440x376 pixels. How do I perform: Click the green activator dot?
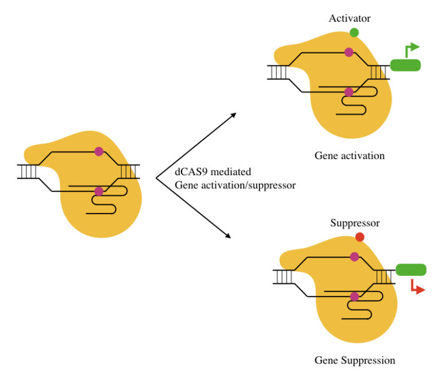coord(354,33)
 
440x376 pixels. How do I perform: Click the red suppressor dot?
coord(360,237)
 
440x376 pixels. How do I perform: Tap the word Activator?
coord(349,18)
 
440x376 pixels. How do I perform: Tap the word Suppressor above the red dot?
coord(355,223)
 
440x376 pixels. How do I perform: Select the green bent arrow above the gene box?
coord(411,50)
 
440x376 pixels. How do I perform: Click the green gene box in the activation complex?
coord(405,65)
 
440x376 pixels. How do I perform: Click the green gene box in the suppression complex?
coord(411,270)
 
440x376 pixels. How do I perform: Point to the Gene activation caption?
coord(349,156)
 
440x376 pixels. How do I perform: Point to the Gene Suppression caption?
coord(355,361)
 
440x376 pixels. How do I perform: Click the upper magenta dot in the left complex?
coord(99,152)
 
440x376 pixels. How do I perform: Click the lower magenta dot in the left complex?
coord(99,191)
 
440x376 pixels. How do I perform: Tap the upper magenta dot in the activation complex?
coord(348,52)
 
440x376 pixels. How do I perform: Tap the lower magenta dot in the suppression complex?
coord(354,296)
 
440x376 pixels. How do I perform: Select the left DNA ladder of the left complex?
coord(27,172)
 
